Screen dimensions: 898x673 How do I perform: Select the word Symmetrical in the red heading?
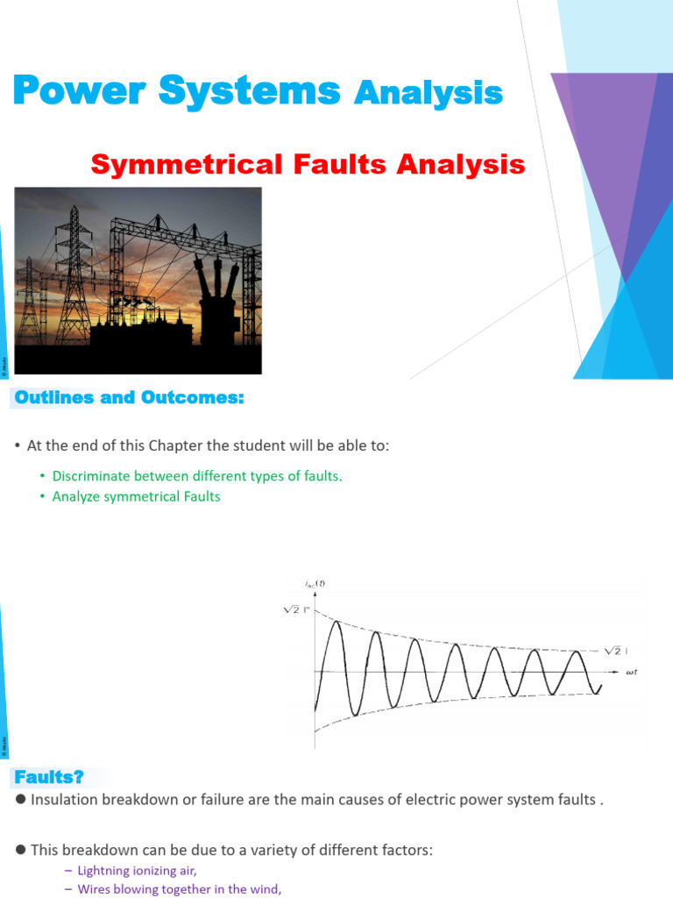click(x=185, y=164)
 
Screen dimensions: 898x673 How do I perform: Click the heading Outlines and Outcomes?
click(x=128, y=397)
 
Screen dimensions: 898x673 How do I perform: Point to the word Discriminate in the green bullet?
click(x=91, y=476)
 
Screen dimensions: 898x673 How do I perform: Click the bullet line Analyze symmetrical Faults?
click(x=136, y=496)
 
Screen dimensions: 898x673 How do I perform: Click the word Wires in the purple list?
click(x=96, y=889)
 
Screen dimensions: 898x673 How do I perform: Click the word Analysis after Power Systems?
click(x=428, y=92)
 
